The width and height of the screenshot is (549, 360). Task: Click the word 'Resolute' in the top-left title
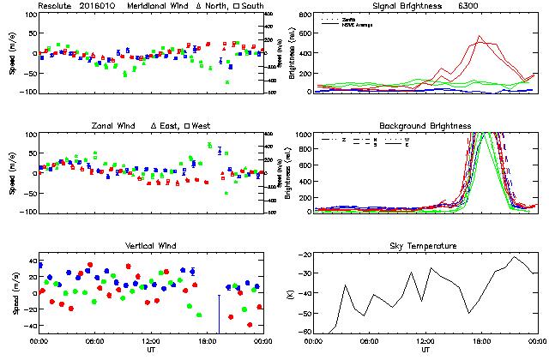(57, 6)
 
